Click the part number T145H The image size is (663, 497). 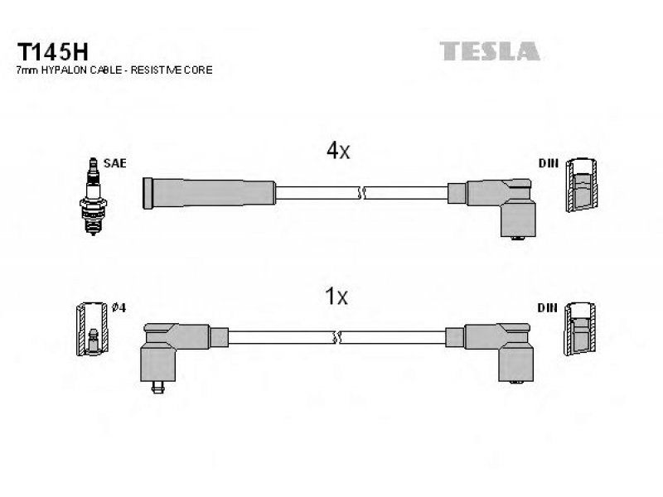pyautogui.click(x=53, y=52)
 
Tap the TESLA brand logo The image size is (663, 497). pyautogui.click(x=490, y=51)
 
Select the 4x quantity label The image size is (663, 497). pyautogui.click(x=338, y=150)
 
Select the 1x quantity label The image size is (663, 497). pyautogui.click(x=336, y=296)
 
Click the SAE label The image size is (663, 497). pyautogui.click(x=114, y=163)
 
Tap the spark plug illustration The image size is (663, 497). pyautogui.click(x=93, y=196)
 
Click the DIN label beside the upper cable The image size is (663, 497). pyautogui.click(x=548, y=163)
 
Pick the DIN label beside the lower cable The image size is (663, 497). pyautogui.click(x=547, y=308)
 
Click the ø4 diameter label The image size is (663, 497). pyautogui.click(x=119, y=307)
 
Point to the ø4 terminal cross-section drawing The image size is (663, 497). pyautogui.click(x=93, y=329)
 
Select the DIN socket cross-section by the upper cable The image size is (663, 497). pyautogui.click(x=582, y=185)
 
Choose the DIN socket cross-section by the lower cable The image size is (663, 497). pyautogui.click(x=580, y=329)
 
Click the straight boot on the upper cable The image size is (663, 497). pyautogui.click(x=210, y=193)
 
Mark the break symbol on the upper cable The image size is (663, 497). pyautogui.click(x=361, y=194)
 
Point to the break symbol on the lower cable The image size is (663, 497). pyautogui.click(x=337, y=337)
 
